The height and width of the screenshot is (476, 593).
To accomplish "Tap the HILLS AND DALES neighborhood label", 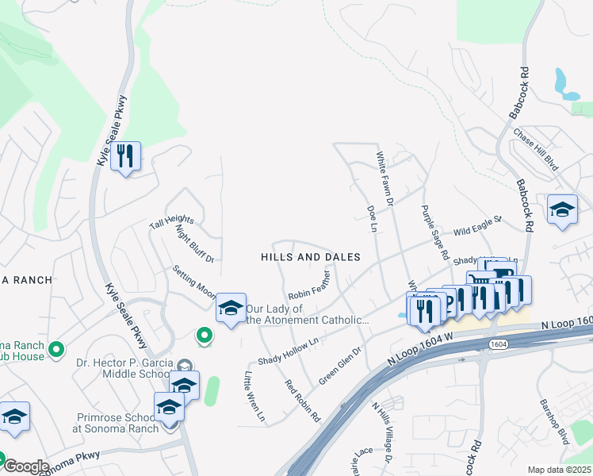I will pyautogui.click(x=311, y=257).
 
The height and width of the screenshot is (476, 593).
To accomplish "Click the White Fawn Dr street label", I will pyautogui.click(x=385, y=179).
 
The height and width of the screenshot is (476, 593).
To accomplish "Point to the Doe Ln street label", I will pyautogui.click(x=371, y=219).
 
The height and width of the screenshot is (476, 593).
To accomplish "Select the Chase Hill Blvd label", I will pyautogui.click(x=537, y=148).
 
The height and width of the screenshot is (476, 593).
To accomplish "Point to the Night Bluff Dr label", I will pyautogui.click(x=195, y=244).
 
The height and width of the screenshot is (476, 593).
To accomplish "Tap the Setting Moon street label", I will pyautogui.click(x=195, y=281).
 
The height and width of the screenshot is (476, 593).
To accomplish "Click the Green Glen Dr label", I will pyautogui.click(x=339, y=365).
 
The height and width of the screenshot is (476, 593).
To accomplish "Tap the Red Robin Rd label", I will pyautogui.click(x=303, y=401).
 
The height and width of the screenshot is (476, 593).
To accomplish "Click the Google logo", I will pyautogui.click(x=26, y=466).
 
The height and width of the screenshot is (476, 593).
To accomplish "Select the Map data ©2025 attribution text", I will pyautogui.click(x=559, y=470).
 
